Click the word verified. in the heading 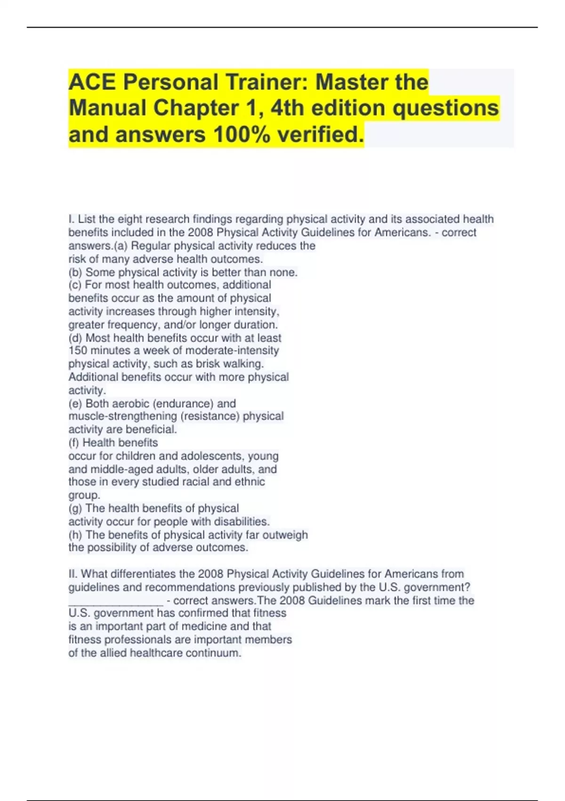[321, 134]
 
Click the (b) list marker [75, 272]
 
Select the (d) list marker [75, 338]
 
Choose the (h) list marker [75, 535]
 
